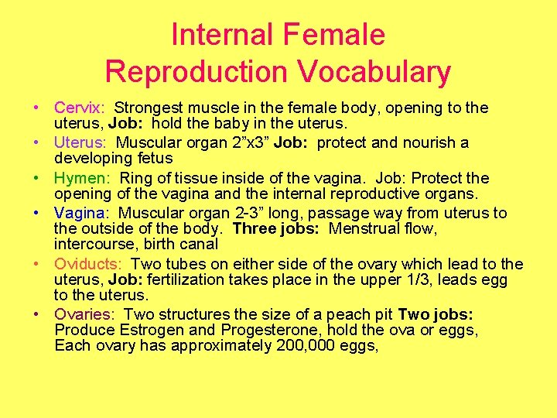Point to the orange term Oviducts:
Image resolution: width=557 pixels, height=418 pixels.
coord(87,265)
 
